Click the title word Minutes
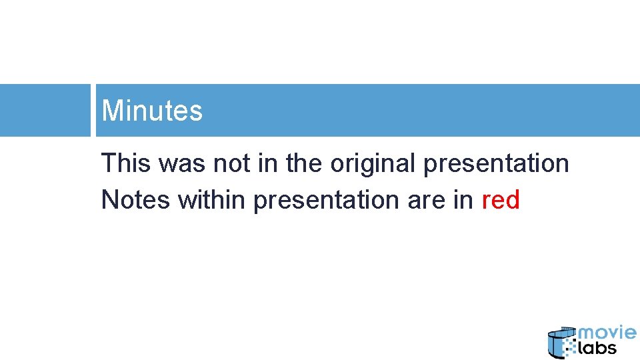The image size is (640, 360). (152, 111)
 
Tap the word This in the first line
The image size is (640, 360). (125, 163)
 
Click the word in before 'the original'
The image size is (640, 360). (267, 163)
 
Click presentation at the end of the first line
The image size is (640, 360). (496, 163)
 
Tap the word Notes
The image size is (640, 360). (135, 199)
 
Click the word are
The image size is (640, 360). (427, 199)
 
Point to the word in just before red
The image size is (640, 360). (462, 199)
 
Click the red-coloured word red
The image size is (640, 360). (500, 199)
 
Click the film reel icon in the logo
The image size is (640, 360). (559, 343)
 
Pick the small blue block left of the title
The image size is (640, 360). (45, 110)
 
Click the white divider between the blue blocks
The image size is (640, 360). (93, 110)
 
